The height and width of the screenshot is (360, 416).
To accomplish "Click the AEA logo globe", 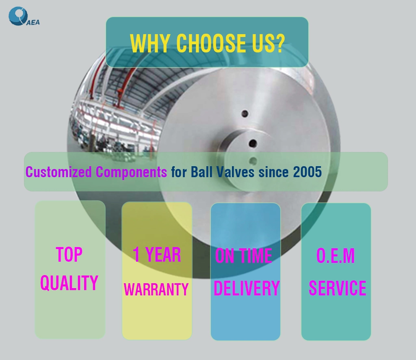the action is click(x=18, y=16).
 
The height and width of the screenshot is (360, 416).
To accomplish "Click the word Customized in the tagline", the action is click(x=58, y=172).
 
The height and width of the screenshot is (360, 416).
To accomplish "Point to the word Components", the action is click(x=131, y=172).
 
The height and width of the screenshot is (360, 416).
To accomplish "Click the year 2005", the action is click(x=308, y=172).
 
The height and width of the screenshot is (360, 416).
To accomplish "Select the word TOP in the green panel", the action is click(x=69, y=254).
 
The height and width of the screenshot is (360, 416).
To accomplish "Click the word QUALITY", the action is click(x=69, y=283).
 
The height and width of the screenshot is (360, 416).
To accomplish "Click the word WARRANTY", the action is click(x=156, y=289).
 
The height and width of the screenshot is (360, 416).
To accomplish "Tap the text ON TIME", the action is click(x=244, y=256).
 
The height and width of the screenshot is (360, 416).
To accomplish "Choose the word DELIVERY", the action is click(x=247, y=288).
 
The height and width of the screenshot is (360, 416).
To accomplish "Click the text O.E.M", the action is click(x=336, y=256).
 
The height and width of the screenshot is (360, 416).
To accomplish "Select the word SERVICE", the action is click(x=338, y=288).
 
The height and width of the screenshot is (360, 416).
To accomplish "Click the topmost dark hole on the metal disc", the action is click(x=245, y=114).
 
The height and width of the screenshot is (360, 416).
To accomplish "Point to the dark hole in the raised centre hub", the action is click(x=253, y=143).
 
